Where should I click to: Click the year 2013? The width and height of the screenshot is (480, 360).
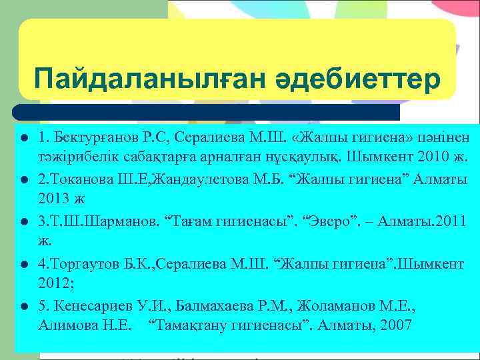[x=53, y=198]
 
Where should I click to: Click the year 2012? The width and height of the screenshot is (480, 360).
[x=53, y=283]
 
